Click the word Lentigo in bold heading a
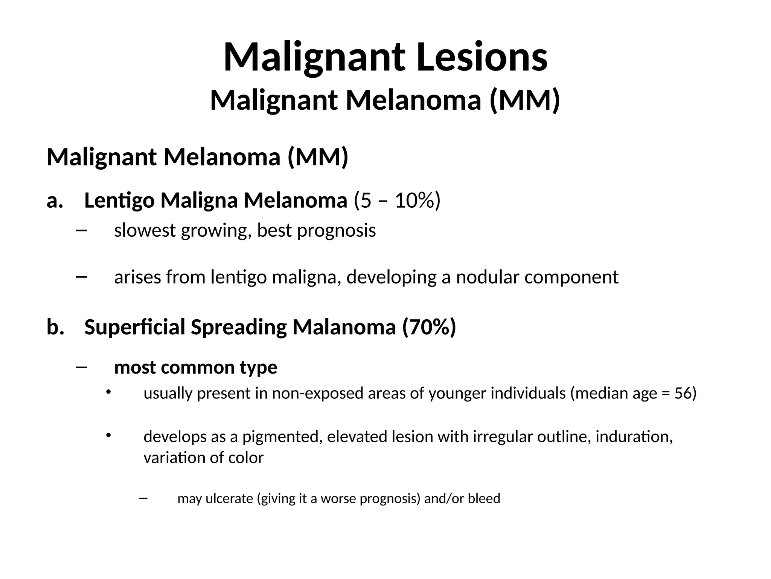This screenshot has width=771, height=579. [x=119, y=201]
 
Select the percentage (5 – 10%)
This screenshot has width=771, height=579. [x=397, y=201]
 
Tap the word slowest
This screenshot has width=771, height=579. [x=145, y=230]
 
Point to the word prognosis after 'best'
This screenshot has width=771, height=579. [x=337, y=231]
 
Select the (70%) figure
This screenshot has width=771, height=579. [x=429, y=327]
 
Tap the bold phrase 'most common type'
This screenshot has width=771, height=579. [x=196, y=367]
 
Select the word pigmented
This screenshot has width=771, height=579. [x=282, y=437]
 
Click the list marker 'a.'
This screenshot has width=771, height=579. [x=55, y=201]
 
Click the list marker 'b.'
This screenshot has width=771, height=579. [x=55, y=327]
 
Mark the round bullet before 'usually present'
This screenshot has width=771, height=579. [x=108, y=392]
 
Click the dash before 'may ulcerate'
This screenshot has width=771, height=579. [x=143, y=498]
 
